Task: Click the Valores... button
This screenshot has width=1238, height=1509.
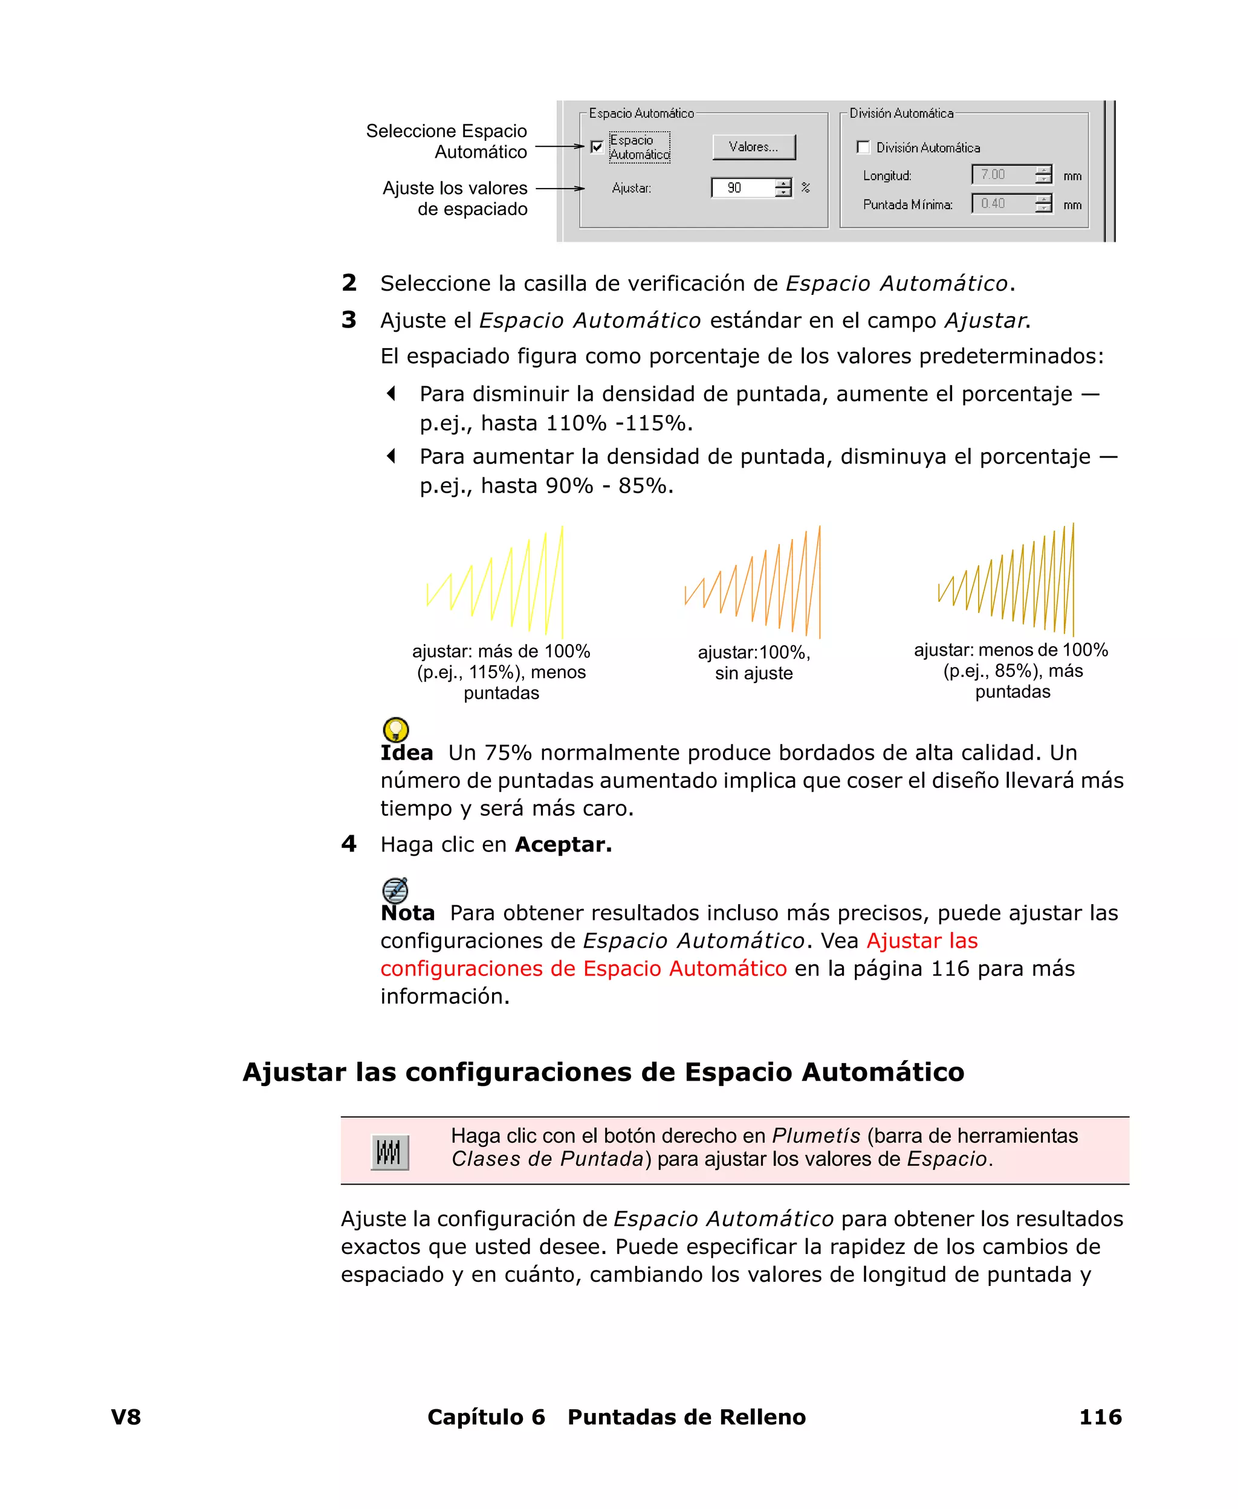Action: point(753,147)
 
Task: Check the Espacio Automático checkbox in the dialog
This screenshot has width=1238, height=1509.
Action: point(597,147)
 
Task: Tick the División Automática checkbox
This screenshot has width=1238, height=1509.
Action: point(863,147)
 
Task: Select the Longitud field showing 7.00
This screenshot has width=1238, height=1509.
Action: point(1003,175)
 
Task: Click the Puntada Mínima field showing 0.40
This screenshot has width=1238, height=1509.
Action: point(1003,204)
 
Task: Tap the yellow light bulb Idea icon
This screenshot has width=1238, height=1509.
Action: point(396,730)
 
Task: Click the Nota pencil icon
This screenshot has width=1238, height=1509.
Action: point(395,890)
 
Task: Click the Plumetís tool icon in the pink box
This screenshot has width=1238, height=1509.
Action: point(389,1152)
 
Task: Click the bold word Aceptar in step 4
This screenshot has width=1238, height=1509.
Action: point(563,845)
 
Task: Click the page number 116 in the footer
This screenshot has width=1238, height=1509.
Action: point(1100,1417)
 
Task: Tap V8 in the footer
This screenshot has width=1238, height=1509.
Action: point(126,1417)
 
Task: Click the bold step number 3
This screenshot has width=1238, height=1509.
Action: point(349,320)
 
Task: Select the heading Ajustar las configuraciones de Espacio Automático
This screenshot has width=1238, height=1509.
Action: point(603,1071)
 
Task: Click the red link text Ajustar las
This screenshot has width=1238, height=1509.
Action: point(921,941)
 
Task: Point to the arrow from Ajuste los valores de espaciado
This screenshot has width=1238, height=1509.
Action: point(560,189)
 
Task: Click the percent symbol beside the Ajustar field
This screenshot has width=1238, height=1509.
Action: point(805,187)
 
